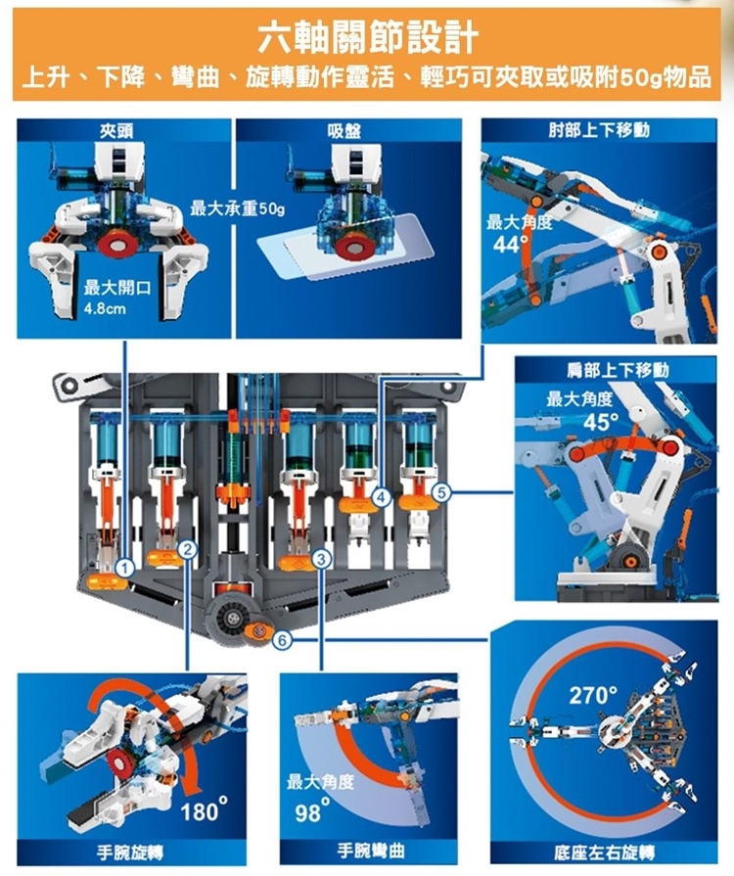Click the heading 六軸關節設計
[368, 38]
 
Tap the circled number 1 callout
[125, 569]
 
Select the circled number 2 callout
[188, 550]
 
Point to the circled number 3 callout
[321, 558]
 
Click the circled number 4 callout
[382, 497]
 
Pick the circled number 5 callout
[441, 492]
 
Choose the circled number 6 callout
[282, 640]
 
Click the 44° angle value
[510, 244]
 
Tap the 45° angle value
[601, 422]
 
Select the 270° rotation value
[593, 695]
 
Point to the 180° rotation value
[204, 810]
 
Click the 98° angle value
[313, 811]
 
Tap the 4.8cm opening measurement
[105, 309]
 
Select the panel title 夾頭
[116, 130]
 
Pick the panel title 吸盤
[344, 131]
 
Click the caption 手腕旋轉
[130, 853]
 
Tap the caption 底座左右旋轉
[605, 853]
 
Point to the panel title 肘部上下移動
[599, 130]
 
